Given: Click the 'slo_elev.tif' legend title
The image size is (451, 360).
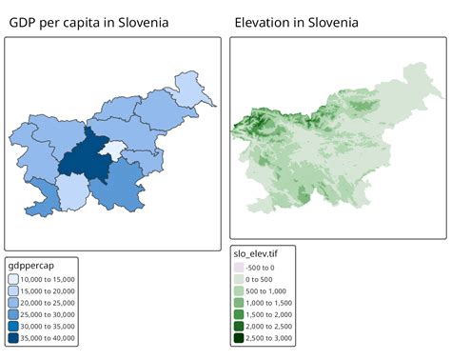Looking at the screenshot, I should click(x=261, y=253).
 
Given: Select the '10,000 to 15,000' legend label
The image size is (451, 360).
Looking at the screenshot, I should click(x=49, y=278).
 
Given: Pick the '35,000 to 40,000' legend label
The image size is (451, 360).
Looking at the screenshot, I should click(x=49, y=336).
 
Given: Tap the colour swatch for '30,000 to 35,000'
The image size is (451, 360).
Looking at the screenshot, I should click(x=13, y=325).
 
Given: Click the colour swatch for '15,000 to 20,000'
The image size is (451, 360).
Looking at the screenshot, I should click(x=13, y=290).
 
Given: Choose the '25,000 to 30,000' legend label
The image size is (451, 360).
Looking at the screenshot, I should click(x=49, y=313).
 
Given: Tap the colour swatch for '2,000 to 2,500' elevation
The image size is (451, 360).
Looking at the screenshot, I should click(x=239, y=326).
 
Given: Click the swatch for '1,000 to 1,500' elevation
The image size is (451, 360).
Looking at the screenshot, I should click(x=239, y=302).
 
